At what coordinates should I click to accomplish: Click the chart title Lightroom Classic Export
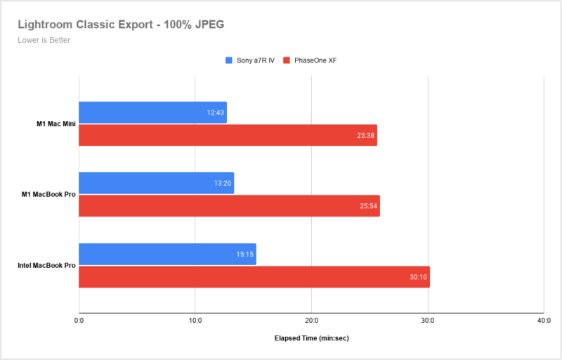tap(121, 25)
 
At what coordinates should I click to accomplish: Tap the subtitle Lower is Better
tap(44, 40)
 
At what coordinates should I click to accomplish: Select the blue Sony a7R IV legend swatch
tap(229, 60)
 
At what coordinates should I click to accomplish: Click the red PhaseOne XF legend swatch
tap(287, 60)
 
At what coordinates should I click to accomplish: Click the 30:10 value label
tap(419, 276)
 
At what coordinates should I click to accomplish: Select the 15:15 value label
tap(245, 254)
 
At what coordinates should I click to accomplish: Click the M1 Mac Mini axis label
tap(56, 124)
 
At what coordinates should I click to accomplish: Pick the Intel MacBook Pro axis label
tap(46, 265)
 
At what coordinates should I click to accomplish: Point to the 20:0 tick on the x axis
tap(311, 321)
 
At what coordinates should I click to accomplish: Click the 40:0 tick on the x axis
tap(543, 321)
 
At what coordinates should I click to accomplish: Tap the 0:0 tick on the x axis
tap(79, 321)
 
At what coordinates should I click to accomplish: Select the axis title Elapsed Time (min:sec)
tap(311, 338)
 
